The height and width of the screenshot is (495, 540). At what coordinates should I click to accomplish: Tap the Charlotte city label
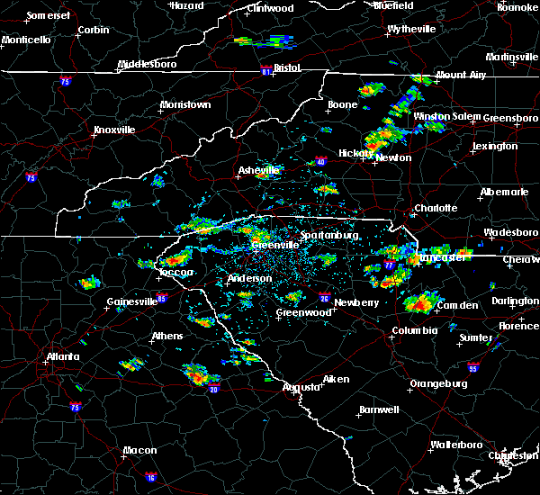pyautogui.click(x=436, y=209)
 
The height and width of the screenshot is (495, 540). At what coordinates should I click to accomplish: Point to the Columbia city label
pyautogui.click(x=414, y=330)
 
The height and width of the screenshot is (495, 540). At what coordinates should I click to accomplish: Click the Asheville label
pyautogui.click(x=259, y=170)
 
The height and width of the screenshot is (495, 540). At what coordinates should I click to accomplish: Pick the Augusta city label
pyautogui.click(x=301, y=387)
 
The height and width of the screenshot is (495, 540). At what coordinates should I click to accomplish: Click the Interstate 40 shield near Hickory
pyautogui.click(x=320, y=162)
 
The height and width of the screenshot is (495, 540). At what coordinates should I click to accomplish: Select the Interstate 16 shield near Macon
pyautogui.click(x=149, y=477)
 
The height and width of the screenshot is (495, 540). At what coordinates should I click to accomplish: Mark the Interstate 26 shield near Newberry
pyautogui.click(x=324, y=296)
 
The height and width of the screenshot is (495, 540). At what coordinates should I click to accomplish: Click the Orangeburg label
pyautogui.click(x=438, y=383)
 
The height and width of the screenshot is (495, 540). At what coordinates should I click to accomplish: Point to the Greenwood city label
pyautogui.click(x=303, y=312)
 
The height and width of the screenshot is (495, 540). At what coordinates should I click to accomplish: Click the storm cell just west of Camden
pyautogui.click(x=417, y=302)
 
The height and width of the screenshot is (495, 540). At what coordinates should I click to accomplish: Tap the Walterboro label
pyautogui.click(x=456, y=445)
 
